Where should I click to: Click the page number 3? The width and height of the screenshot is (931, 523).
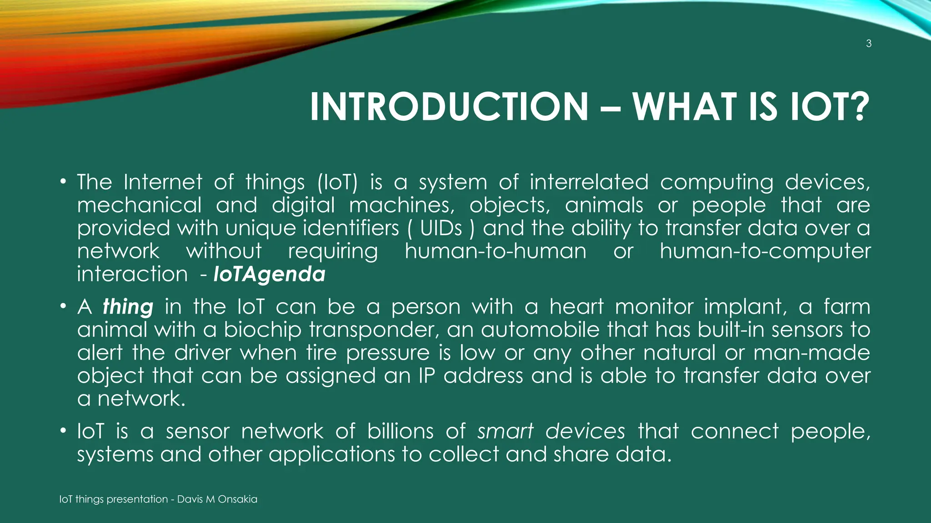(x=868, y=44)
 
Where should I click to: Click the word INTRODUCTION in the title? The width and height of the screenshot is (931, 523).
(x=449, y=107)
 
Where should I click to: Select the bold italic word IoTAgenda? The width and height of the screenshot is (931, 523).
(x=270, y=274)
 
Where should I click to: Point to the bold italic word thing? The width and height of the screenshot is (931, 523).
(x=128, y=307)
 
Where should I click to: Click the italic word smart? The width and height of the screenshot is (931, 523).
(x=505, y=431)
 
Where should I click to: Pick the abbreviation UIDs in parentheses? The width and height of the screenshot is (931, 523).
(x=440, y=228)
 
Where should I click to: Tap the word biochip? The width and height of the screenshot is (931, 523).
(x=262, y=330)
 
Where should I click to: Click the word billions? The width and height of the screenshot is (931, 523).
(x=400, y=431)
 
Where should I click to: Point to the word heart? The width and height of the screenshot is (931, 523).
(x=576, y=307)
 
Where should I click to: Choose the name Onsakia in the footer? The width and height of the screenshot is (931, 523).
(x=237, y=499)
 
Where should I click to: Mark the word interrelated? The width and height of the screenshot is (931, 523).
(x=589, y=183)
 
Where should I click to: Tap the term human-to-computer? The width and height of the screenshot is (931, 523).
(x=765, y=252)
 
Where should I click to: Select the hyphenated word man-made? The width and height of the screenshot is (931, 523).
(x=811, y=353)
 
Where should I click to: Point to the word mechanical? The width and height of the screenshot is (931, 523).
(x=139, y=205)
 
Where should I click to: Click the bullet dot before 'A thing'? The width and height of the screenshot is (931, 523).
(x=63, y=307)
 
